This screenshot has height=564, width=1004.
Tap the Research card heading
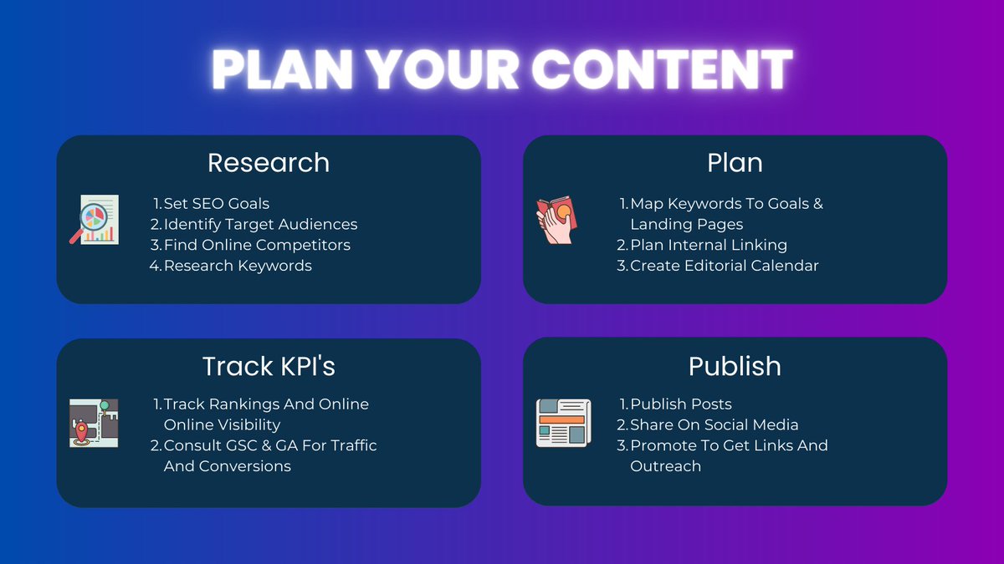pos(269,162)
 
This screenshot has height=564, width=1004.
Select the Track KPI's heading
pos(269,366)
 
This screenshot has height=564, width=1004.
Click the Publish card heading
pos(735,366)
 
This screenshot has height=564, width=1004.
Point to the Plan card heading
pos(735,162)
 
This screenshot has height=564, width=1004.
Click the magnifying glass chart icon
pos(94,219)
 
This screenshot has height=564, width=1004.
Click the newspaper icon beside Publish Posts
pos(563,423)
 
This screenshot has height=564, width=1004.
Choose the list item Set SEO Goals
pos(216,203)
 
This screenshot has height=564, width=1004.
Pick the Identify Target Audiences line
pos(260,224)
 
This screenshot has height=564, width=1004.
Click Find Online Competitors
pos(257,245)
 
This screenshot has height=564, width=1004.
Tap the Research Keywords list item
pos(238,266)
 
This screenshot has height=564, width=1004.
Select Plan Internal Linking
pos(708,245)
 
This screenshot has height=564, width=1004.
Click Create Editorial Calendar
pos(724,266)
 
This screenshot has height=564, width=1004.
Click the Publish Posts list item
pos(680,404)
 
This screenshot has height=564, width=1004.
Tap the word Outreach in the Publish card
pos(665,466)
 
